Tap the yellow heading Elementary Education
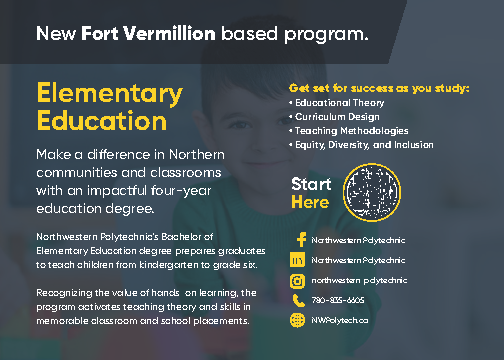pos(110,107)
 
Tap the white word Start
pos(311,184)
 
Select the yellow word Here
pos(309,202)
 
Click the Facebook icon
pos(297,240)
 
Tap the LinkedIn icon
pos(297,259)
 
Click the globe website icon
pos(297,319)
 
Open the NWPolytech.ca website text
pos(341,319)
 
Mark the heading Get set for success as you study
pos(378,87)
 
